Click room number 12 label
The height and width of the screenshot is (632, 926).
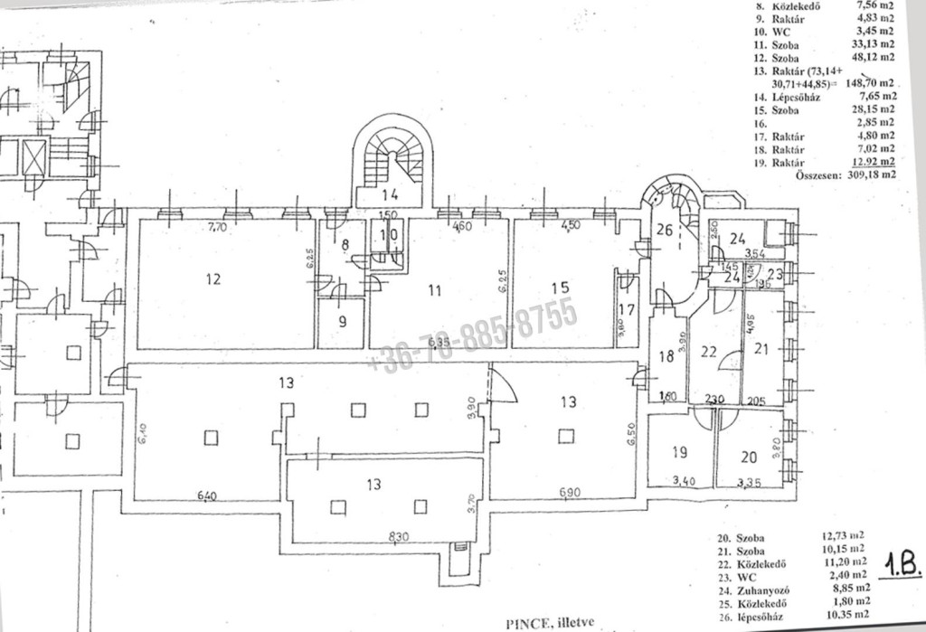coord(213,279)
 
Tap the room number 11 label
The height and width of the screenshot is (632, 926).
coord(435,291)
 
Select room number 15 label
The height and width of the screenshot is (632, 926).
coord(562,287)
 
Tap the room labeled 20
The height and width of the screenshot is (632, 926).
coord(747,457)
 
